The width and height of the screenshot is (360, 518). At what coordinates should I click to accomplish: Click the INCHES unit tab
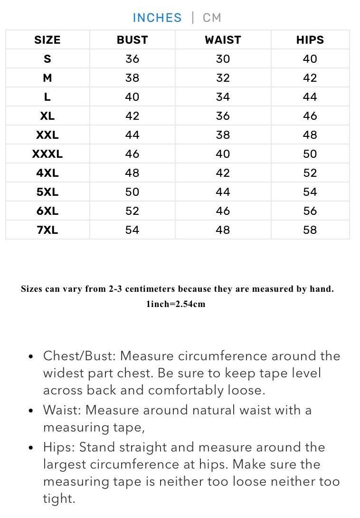point(157,18)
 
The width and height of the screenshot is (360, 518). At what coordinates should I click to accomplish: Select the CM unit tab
point(212,18)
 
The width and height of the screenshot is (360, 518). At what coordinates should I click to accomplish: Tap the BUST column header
point(132,40)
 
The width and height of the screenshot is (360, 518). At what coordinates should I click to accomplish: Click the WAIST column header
point(223,40)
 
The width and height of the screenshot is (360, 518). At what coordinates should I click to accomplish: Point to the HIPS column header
point(310,40)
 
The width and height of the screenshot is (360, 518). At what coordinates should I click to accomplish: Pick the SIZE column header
point(47,40)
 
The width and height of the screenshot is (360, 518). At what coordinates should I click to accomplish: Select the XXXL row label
point(47,154)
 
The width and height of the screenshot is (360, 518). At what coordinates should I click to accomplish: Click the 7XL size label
point(47,230)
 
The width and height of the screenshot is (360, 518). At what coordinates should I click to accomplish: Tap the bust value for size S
point(132,59)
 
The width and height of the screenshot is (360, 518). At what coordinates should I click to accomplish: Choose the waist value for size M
point(223,78)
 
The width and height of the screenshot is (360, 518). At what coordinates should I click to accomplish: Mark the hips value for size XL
point(310,116)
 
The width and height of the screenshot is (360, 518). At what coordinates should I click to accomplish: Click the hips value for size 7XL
point(310,230)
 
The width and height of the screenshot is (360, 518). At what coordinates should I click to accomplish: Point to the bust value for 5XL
point(132,192)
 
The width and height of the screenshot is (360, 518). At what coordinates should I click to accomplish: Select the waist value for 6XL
point(223,211)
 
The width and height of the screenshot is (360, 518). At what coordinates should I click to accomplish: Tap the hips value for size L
point(310,97)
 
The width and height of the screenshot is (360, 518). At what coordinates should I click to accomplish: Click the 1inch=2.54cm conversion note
point(176,304)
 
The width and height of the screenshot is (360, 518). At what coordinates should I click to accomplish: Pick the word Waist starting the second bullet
point(61,410)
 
